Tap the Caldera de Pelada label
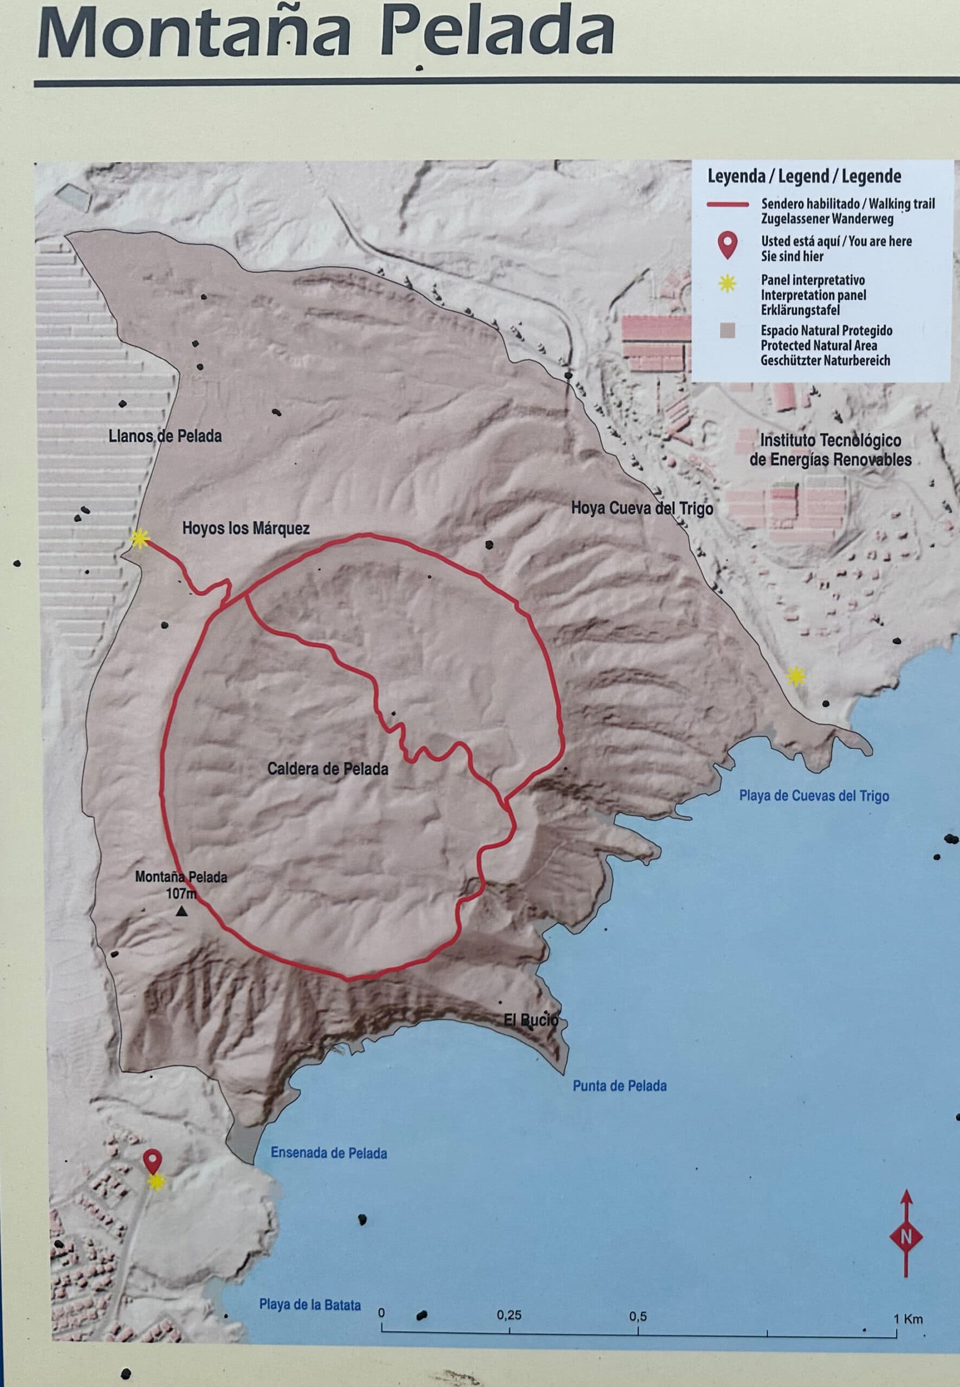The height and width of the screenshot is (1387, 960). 327,769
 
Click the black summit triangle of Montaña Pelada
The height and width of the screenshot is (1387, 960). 181,912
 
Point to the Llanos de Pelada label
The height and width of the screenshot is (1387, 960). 165,436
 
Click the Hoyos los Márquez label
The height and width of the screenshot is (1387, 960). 245,528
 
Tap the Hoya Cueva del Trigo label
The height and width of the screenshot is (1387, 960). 642,508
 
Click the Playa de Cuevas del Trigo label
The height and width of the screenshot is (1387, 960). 813,796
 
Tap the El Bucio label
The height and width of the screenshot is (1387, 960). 531,1020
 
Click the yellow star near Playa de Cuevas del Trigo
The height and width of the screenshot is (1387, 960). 796,677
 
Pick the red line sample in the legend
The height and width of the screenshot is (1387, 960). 727,204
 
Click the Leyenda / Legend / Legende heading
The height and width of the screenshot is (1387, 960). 803,176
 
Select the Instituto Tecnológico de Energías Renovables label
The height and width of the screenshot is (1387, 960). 830,449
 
